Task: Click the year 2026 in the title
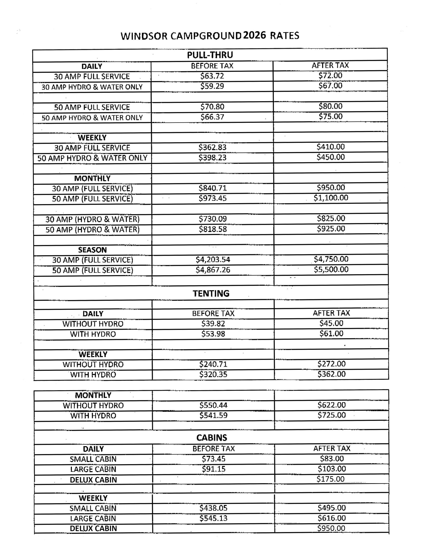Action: click(254, 35)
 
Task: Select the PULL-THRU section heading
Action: click(210, 55)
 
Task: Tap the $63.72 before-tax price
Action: click(212, 76)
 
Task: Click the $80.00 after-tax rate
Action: click(330, 106)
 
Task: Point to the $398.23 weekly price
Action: click(212, 158)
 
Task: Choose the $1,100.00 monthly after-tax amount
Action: click(331, 198)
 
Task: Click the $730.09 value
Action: click(212, 219)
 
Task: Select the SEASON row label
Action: click(92, 250)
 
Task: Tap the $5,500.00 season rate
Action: click(331, 269)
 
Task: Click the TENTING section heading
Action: click(211, 293)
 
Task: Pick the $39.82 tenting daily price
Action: click(213, 324)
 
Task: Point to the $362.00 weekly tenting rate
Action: click(331, 374)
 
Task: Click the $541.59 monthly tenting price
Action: click(213, 415)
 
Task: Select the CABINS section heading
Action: click(212, 438)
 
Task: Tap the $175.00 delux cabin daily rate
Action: click(330, 479)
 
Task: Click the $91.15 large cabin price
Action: click(214, 469)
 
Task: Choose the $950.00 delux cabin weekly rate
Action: click(331, 529)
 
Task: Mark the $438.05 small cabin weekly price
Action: click(213, 508)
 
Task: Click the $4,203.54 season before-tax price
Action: click(213, 260)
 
